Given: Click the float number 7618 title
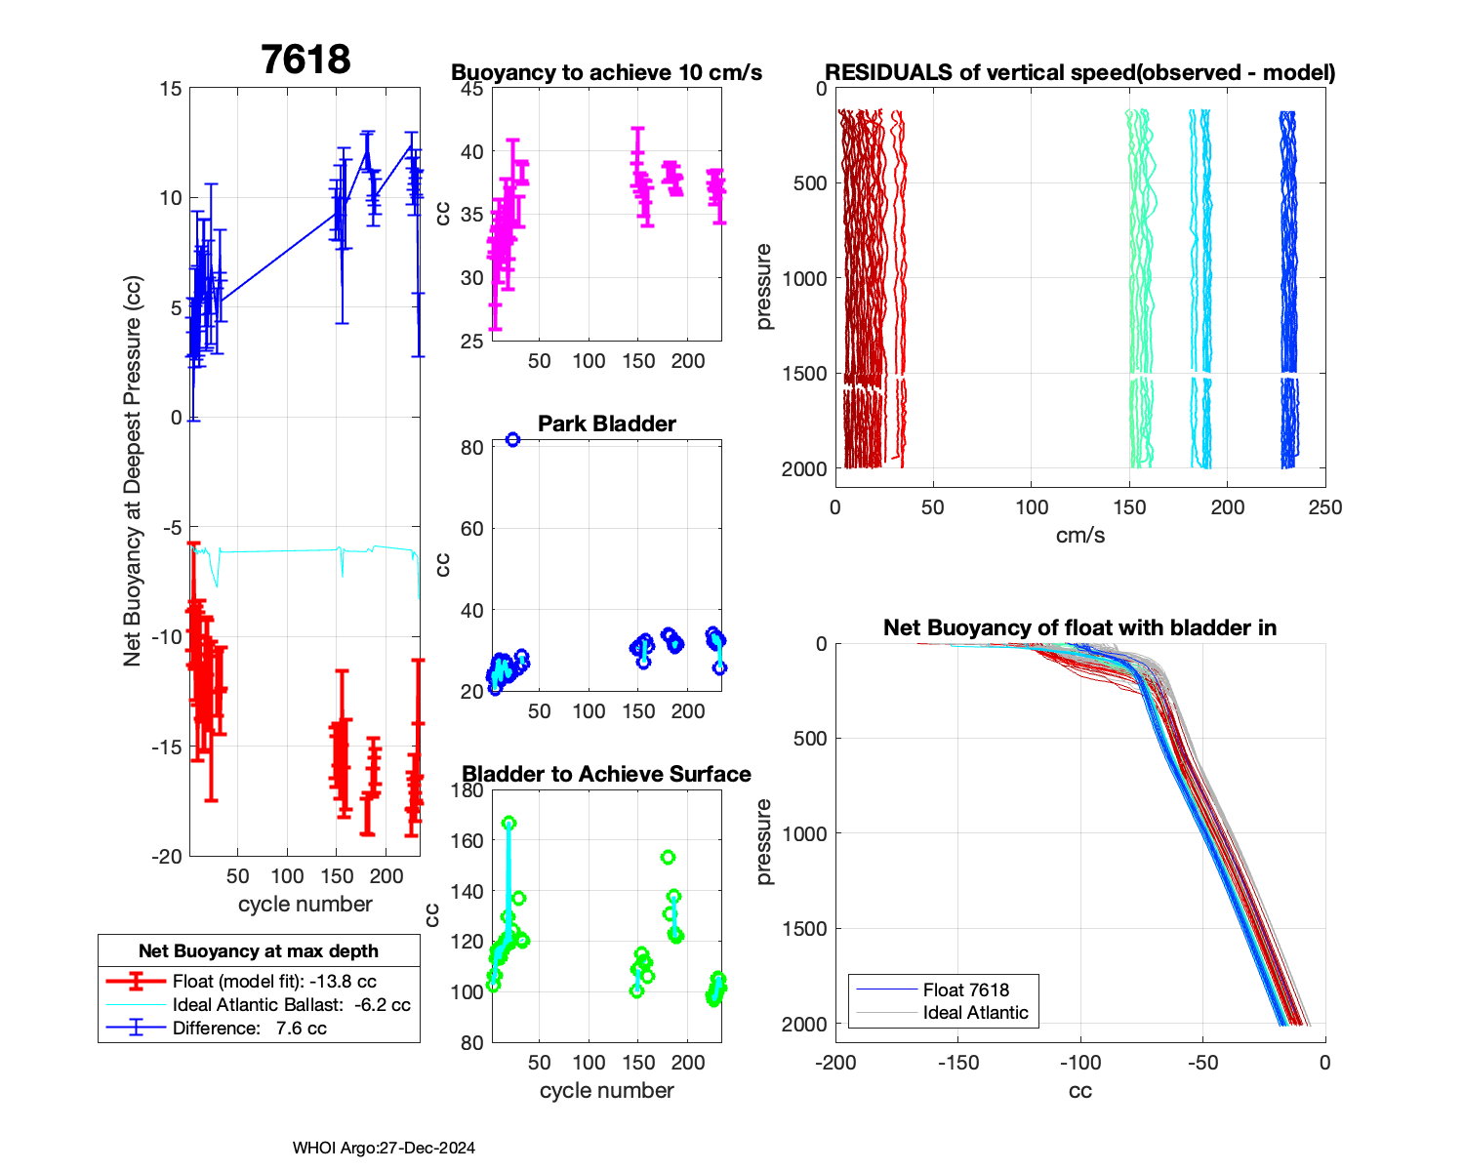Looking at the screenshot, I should click(305, 61).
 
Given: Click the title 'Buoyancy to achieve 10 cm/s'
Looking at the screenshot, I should click(606, 73).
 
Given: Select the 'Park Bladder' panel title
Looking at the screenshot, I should click(606, 424).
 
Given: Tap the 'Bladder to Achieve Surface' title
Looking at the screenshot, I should click(606, 774).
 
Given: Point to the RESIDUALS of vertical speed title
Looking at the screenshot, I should click(1079, 73).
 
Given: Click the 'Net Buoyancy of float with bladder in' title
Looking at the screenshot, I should click(1079, 627).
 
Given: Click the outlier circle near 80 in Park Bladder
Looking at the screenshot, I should click(512, 440).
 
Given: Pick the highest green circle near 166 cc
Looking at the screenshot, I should click(508, 824).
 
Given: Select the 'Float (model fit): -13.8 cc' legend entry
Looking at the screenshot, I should click(274, 982).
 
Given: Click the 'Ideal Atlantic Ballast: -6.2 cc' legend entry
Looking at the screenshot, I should click(291, 1005).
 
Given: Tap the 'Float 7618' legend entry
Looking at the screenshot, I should click(965, 990).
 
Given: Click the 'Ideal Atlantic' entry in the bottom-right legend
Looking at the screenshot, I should click(975, 1013).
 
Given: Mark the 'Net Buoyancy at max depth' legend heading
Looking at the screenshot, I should click(259, 951).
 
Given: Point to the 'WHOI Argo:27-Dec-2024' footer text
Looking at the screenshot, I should click(384, 1149).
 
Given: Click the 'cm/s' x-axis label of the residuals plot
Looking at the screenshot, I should click(1079, 536).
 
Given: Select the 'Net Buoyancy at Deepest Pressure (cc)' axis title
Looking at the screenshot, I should click(133, 472).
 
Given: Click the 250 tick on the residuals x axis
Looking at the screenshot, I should click(1325, 507).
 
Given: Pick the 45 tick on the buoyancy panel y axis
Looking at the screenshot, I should click(471, 89).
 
